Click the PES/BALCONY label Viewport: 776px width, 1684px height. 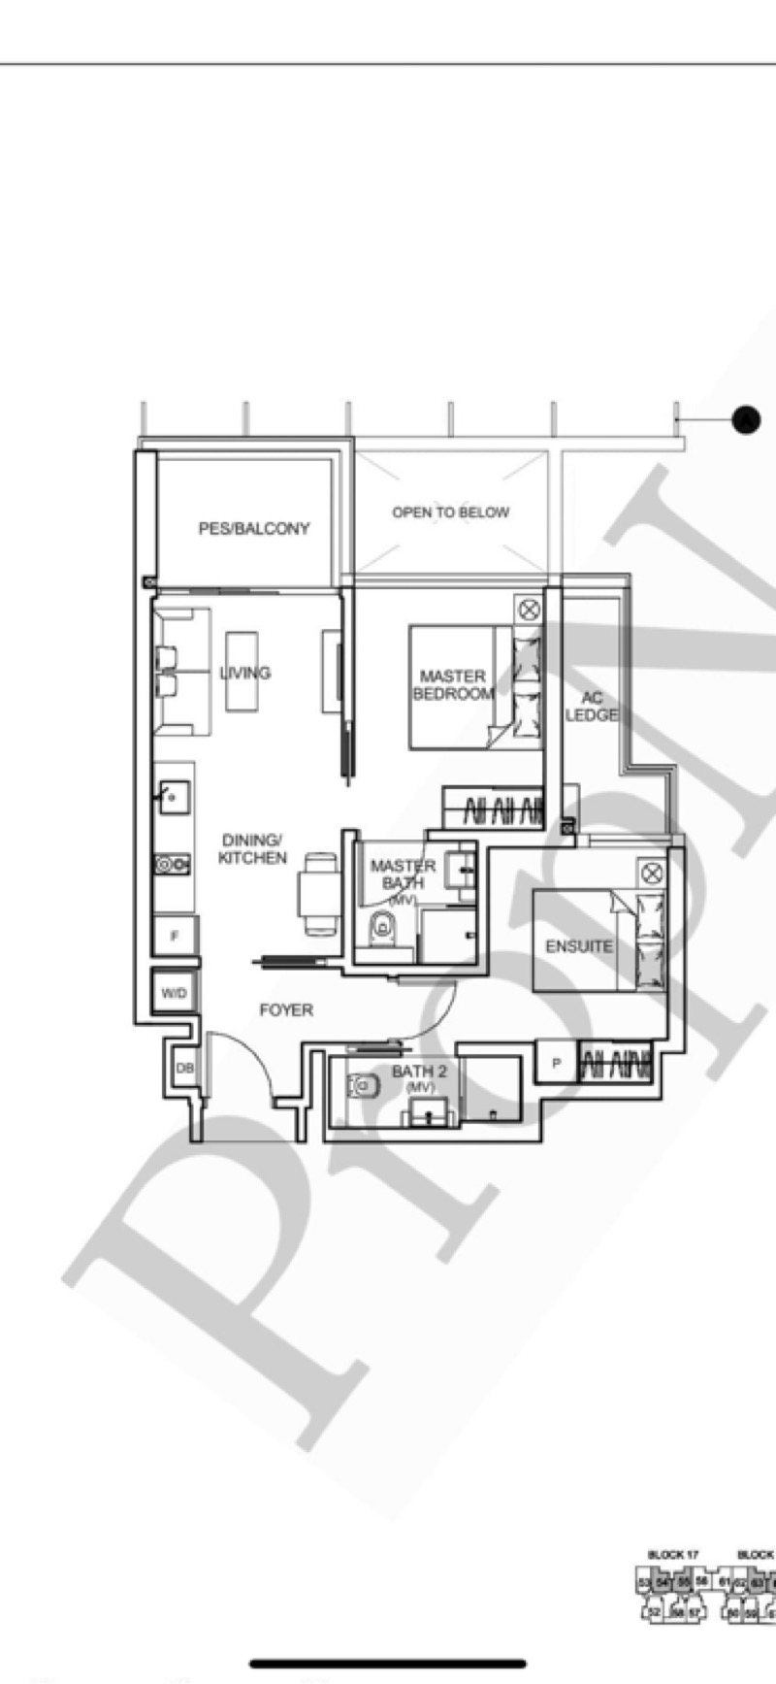click(x=254, y=528)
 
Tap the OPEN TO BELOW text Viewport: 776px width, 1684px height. click(x=450, y=512)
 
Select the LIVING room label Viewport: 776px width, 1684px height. click(x=244, y=673)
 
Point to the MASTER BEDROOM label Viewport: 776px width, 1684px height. click(x=453, y=684)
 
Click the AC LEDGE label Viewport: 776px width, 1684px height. click(x=592, y=706)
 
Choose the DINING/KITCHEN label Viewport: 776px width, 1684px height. click(x=252, y=849)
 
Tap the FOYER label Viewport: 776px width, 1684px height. click(x=286, y=1010)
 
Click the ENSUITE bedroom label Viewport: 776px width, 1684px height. click(x=578, y=946)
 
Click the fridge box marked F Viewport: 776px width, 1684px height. click(x=176, y=937)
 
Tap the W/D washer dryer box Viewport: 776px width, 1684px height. click(x=175, y=994)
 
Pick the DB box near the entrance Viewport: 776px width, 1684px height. click(x=184, y=1068)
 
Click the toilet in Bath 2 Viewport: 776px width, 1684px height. click(x=364, y=1085)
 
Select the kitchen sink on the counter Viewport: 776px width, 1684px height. click(x=173, y=798)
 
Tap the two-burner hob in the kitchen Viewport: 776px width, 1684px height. click(x=173, y=863)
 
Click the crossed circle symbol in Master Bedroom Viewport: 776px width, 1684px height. click(x=529, y=610)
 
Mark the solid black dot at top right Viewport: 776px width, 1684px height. click(x=745, y=419)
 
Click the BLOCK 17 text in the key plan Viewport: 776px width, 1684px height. click(x=673, y=1555)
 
